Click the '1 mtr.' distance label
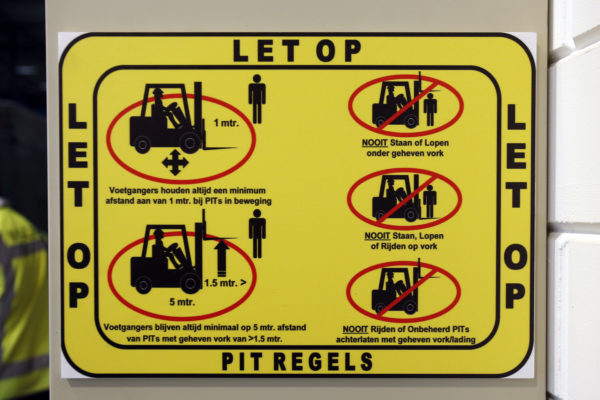point(226,123)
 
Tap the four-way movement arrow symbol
point(175,163)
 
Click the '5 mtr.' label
point(182,302)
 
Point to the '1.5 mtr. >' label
point(225,283)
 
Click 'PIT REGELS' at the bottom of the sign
point(297,361)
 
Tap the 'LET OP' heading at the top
point(297,51)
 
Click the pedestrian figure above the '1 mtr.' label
point(257,99)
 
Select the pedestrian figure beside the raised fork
point(257,233)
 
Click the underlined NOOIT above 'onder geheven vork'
point(375,143)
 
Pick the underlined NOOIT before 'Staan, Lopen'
point(377,236)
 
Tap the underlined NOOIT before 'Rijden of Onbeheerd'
point(355,329)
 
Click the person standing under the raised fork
point(430,109)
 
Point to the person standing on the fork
point(430,201)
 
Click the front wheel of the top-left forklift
point(191,143)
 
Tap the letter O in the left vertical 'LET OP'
point(79,256)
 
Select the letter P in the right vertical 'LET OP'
point(515,297)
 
